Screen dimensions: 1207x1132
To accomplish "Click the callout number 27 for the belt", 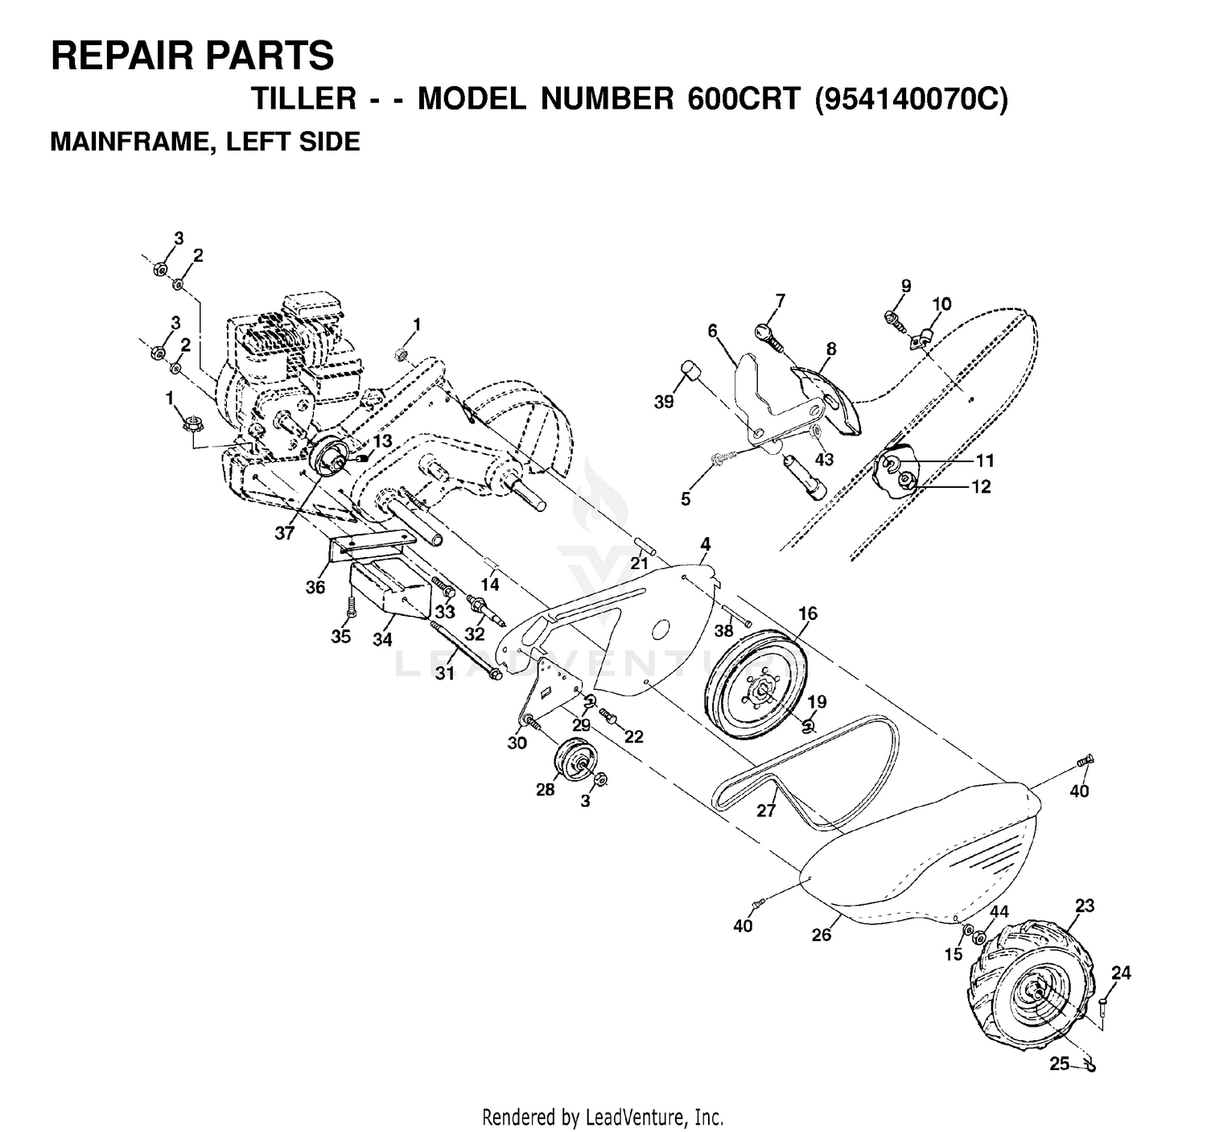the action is point(766,810).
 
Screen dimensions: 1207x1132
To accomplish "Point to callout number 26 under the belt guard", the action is point(821,934).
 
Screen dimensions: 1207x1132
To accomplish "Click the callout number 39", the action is point(664,402).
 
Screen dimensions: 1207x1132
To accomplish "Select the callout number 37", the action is point(284,533).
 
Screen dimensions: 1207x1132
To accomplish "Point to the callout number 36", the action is point(315,587).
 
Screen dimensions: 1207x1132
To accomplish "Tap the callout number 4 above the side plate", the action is point(705,543).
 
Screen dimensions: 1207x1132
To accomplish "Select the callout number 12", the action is point(981,486).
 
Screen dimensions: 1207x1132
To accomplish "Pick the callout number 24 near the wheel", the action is point(1121,973).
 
